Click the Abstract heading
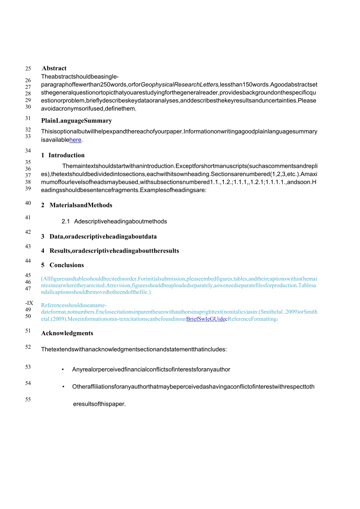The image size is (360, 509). click(x=54, y=68)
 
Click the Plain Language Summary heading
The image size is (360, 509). click(x=76, y=121)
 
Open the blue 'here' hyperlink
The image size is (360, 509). click(x=75, y=140)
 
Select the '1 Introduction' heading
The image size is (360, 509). click(x=63, y=155)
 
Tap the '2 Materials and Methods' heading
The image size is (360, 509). click(x=77, y=205)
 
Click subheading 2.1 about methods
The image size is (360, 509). click(x=114, y=221)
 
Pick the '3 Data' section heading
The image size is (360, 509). click(x=99, y=237)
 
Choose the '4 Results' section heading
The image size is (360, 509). click(x=110, y=251)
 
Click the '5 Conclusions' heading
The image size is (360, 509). click(x=63, y=265)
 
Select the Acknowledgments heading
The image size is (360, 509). click(x=67, y=333)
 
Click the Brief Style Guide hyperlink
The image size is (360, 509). click(x=207, y=319)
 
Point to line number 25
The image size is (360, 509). click(x=28, y=68)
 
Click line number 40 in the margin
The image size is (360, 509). click(x=28, y=203)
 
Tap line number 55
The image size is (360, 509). click(x=28, y=399)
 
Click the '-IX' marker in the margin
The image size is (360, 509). click(x=29, y=303)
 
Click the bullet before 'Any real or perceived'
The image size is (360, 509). click(x=63, y=370)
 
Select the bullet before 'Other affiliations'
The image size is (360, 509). click(x=63, y=387)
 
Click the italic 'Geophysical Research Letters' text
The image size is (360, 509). click(x=180, y=85)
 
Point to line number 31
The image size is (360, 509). click(x=28, y=118)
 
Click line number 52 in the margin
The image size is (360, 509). click(x=28, y=347)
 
